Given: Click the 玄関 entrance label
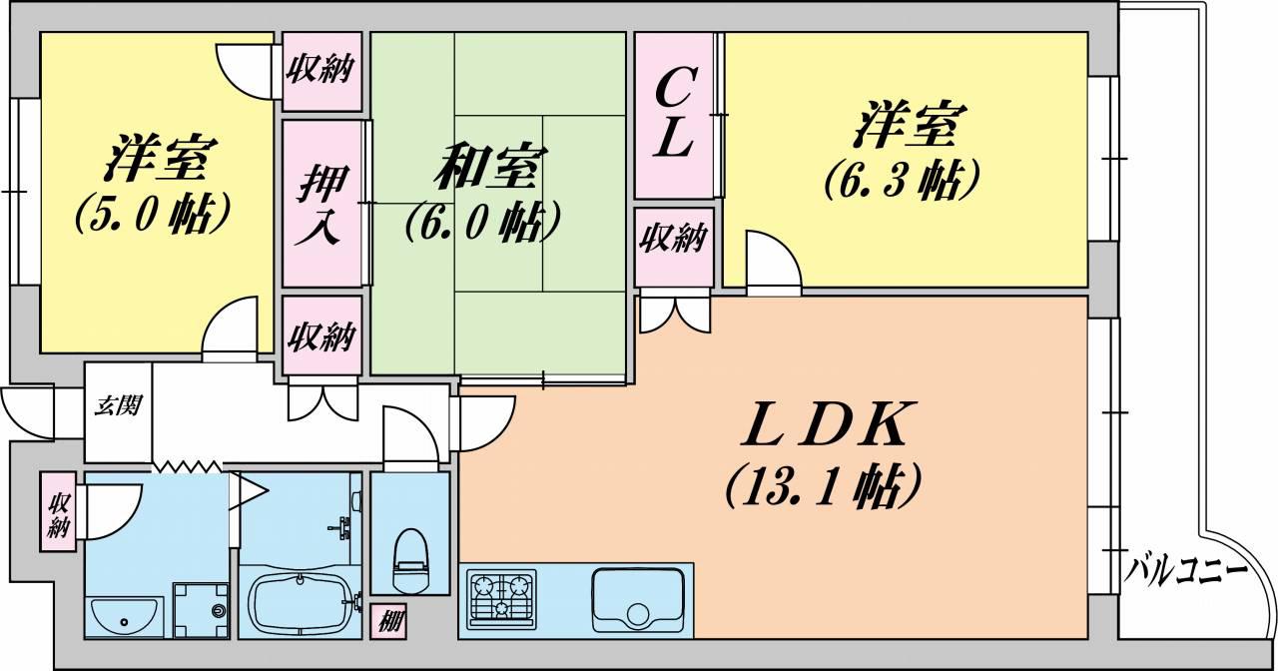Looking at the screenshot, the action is tap(118, 405).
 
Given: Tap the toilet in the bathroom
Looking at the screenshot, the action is tap(410, 560).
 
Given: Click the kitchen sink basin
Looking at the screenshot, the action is tap(638, 599).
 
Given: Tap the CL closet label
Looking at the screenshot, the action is tap(674, 114).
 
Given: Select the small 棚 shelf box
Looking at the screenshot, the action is tap(388, 621).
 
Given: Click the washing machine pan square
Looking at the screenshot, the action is tap(201, 609).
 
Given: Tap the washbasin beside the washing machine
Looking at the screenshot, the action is tap(124, 617).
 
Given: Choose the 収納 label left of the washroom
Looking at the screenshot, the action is tap(58, 512).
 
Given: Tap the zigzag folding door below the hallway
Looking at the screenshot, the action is tap(187, 465).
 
